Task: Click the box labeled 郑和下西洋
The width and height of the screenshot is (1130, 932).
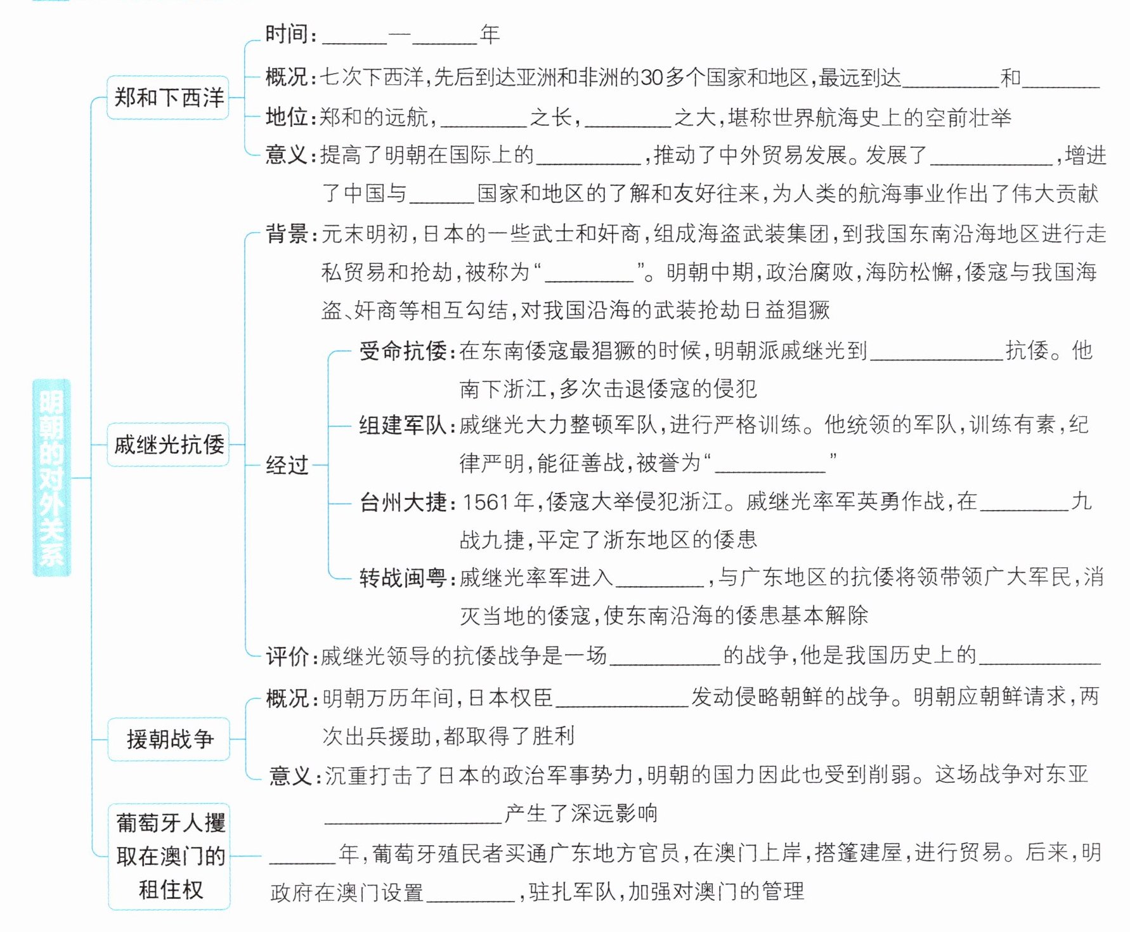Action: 168,98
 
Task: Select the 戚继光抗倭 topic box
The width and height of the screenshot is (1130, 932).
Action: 168,445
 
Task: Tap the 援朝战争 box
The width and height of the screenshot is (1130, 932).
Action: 169,739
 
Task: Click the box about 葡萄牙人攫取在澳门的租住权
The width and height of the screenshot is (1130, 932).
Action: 169,856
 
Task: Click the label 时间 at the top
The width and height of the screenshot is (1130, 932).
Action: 287,34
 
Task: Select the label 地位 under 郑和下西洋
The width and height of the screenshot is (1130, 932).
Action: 287,117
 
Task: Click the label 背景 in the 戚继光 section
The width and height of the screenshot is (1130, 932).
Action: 287,233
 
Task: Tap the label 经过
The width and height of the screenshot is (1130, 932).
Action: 287,465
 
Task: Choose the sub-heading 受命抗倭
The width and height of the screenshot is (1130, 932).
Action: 403,350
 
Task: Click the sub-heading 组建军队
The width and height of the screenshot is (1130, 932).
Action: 403,425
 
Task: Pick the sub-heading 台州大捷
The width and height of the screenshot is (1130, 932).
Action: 403,502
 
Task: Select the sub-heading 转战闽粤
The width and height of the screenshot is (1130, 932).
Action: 403,577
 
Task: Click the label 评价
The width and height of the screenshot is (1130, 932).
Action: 287,656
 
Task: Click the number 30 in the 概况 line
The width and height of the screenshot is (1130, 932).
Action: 652,77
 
